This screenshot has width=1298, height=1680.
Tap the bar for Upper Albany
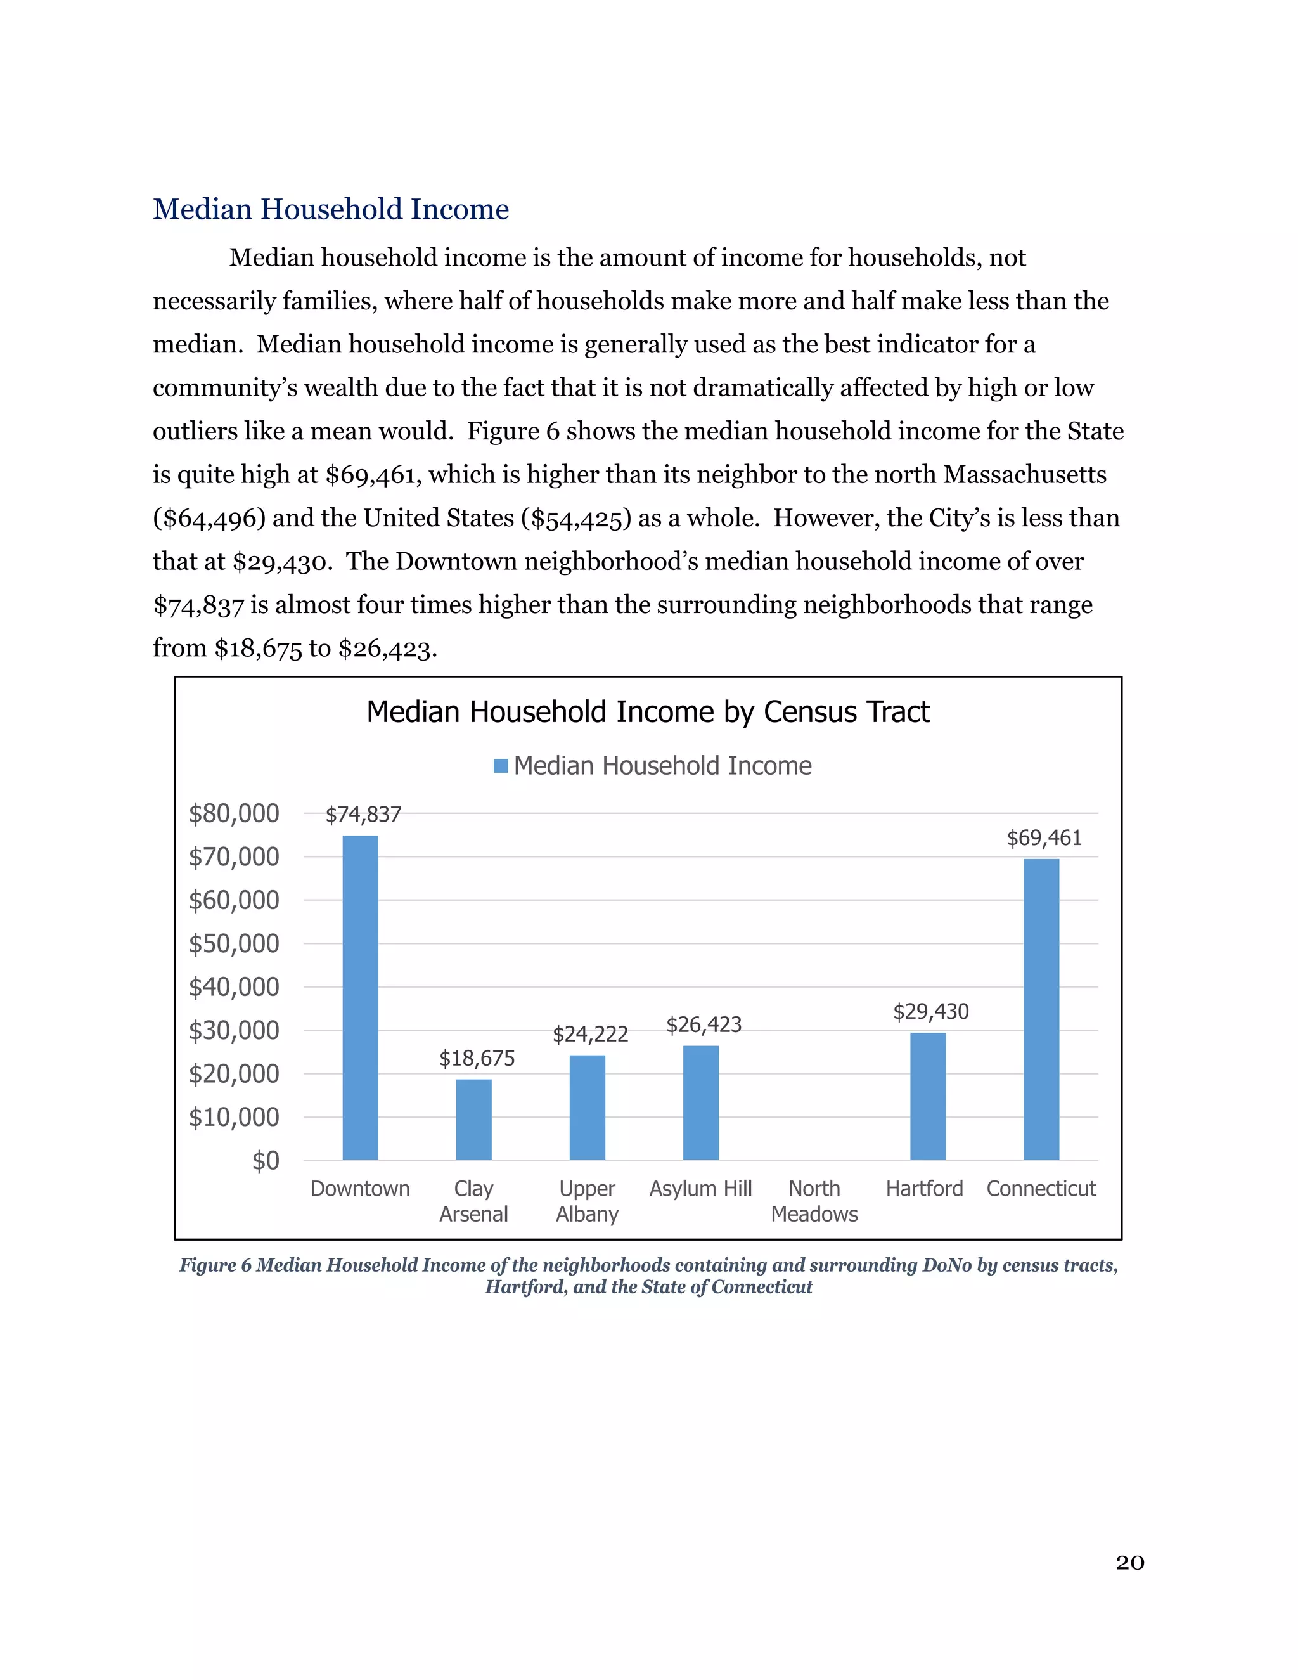[587, 1107]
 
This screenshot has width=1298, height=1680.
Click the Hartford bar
[927, 1096]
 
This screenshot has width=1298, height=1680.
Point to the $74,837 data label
[363, 815]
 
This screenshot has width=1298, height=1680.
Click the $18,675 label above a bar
[477, 1059]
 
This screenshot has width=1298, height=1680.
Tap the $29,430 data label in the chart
[930, 1012]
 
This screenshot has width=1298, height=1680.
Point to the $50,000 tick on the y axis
[234, 944]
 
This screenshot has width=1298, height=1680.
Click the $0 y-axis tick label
[266, 1161]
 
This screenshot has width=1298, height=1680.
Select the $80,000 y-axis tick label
[234, 814]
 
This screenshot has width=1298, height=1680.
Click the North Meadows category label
[814, 1201]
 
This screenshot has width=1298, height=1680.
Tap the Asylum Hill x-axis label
[700, 1189]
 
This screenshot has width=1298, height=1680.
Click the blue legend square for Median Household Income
[501, 766]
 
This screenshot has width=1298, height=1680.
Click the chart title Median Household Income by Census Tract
[648, 713]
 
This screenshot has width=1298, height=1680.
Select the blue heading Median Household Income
[331, 209]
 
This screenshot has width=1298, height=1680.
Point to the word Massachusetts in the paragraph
[1024, 475]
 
